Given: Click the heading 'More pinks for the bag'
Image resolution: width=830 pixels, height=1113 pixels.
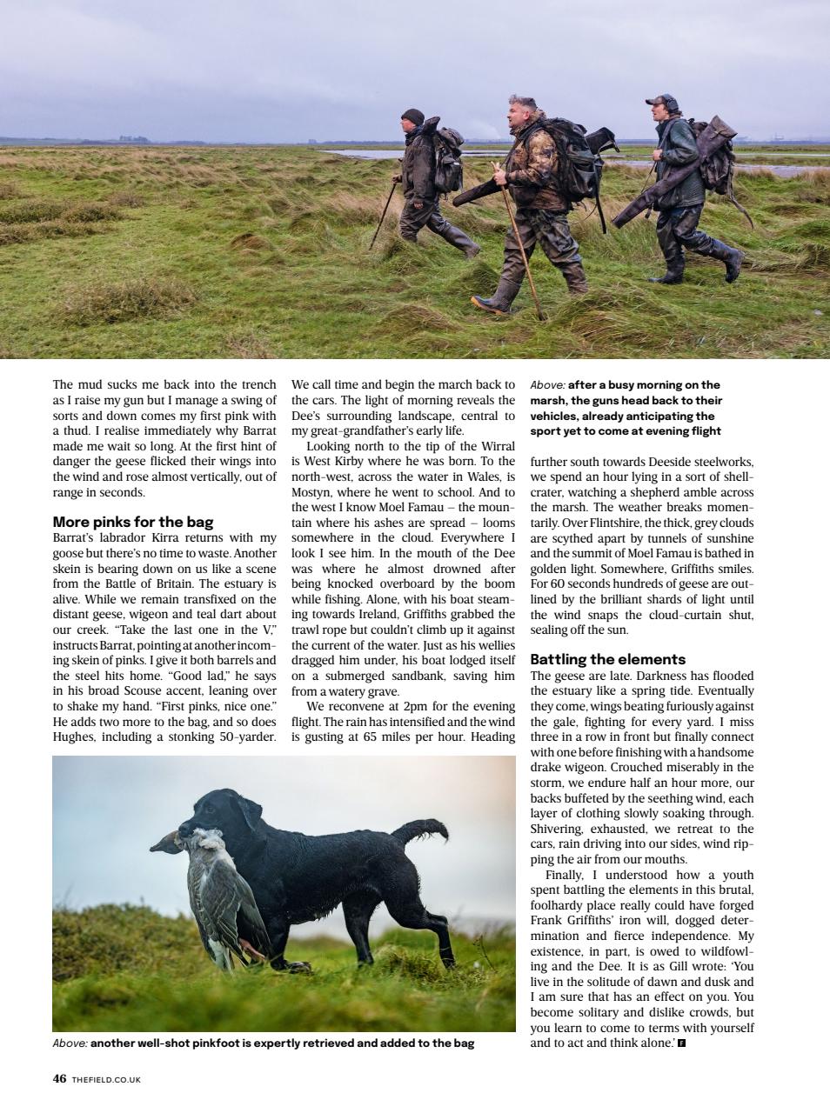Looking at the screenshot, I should click(133, 522).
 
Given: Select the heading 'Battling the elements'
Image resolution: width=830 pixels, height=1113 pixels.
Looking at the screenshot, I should click(607, 659).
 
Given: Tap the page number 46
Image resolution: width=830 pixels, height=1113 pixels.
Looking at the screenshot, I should click(59, 1078).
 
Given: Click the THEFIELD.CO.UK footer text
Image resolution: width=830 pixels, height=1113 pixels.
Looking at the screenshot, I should click(106, 1079).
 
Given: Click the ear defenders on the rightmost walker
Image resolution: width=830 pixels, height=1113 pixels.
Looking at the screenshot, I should click(667, 103).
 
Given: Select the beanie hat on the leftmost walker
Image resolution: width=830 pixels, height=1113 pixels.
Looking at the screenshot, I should click(412, 117).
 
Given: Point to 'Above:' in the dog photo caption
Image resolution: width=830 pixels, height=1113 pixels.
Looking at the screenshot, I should click(70, 1043).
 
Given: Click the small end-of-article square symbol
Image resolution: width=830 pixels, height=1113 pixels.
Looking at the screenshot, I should click(681, 1043).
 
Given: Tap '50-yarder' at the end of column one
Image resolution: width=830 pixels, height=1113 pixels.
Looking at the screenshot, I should click(244, 737).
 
